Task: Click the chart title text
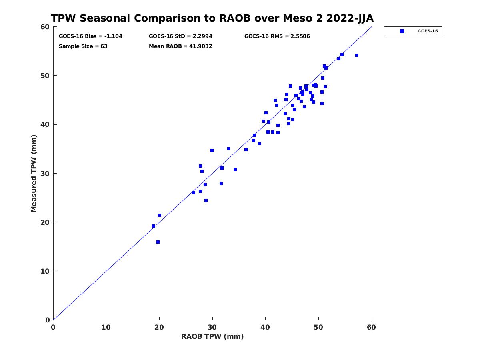click(x=212, y=18)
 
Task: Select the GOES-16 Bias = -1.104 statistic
click(x=90, y=36)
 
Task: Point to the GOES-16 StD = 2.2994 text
click(x=180, y=36)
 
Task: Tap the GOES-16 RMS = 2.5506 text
click(x=277, y=36)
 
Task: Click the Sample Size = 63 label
click(x=83, y=46)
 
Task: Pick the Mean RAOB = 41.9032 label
click(x=180, y=46)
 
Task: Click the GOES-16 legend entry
click(x=413, y=31)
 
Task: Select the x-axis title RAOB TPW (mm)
click(x=212, y=336)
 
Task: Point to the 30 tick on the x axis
click(x=212, y=327)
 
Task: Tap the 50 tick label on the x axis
click(x=318, y=327)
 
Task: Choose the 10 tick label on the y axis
click(x=46, y=271)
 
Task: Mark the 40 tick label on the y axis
click(x=46, y=124)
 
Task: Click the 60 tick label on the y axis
click(x=46, y=27)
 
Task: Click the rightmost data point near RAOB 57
click(x=357, y=55)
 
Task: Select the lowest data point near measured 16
click(x=158, y=242)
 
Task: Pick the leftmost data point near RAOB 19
click(x=154, y=226)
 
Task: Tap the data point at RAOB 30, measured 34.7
click(x=212, y=150)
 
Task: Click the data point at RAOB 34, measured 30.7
click(x=235, y=170)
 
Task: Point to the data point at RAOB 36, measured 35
click(x=246, y=150)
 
